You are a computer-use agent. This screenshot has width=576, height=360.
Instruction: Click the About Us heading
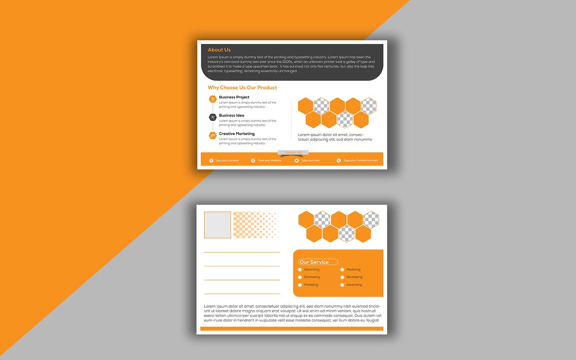coord(219,50)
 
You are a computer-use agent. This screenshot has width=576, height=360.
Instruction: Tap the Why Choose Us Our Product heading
coord(242,87)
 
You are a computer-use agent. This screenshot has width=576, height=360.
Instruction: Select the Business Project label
coord(234,97)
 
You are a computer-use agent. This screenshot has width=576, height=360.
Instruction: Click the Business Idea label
coord(231,116)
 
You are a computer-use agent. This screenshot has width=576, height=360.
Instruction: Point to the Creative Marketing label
coord(237,134)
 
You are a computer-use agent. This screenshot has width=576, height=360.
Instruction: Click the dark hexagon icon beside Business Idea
coord(213,117)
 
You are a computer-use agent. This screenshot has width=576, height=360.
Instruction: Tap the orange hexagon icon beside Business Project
coord(213,99)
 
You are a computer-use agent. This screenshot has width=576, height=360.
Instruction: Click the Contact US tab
coord(293,153)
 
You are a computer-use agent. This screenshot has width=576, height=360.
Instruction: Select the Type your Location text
coord(227,161)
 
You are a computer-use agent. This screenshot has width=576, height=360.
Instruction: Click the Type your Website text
coord(269,161)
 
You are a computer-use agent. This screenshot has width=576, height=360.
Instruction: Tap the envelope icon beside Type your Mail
coord(297,161)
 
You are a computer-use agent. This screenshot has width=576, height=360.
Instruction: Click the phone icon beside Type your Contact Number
coord(339,161)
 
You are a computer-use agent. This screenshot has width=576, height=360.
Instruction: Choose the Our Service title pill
coord(318,262)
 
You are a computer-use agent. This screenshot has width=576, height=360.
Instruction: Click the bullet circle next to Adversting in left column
coord(300,270)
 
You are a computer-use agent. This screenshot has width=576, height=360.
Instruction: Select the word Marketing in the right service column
coord(353,270)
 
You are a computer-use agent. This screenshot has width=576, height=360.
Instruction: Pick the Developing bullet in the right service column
coord(342,277)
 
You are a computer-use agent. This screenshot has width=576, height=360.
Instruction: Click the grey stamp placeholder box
coord(217,225)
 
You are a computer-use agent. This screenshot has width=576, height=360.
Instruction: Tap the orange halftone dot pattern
coord(255,225)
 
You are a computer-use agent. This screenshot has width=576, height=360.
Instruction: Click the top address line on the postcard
coord(242,252)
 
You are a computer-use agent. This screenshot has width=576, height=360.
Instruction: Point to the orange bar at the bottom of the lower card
coord(292,329)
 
